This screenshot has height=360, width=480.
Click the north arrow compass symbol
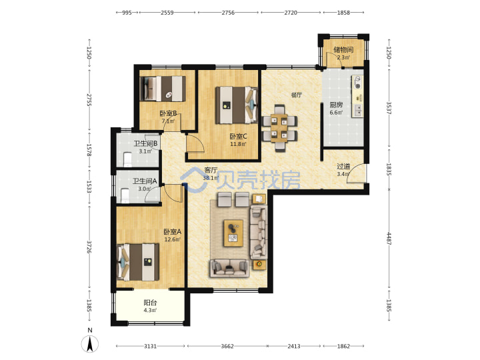pos(90,343)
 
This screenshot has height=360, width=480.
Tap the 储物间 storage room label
pos(343,49)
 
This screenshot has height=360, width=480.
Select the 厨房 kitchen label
pos(336,105)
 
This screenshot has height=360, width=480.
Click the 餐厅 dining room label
pos(296,95)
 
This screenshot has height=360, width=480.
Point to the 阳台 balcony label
pos(150,303)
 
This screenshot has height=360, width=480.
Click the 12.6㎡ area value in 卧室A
pos(173,239)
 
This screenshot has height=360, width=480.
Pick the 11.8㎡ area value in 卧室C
pos(238,144)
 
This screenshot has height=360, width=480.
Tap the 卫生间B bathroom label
pos(146,143)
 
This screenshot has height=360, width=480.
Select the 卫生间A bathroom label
pos(145,181)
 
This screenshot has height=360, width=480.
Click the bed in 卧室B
pos(163,89)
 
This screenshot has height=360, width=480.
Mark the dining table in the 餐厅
pos(279,127)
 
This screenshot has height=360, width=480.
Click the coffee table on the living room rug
pos(233,233)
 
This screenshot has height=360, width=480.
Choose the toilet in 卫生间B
pos(127,159)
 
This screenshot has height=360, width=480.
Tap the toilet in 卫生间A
pos(125,196)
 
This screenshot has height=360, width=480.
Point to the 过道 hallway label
pos(343,166)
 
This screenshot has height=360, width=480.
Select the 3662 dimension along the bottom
pos(227,346)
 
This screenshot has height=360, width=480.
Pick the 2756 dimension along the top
pos(228,13)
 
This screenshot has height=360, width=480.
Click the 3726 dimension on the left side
pos(89,247)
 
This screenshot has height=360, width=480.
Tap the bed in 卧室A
pos(139,262)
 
